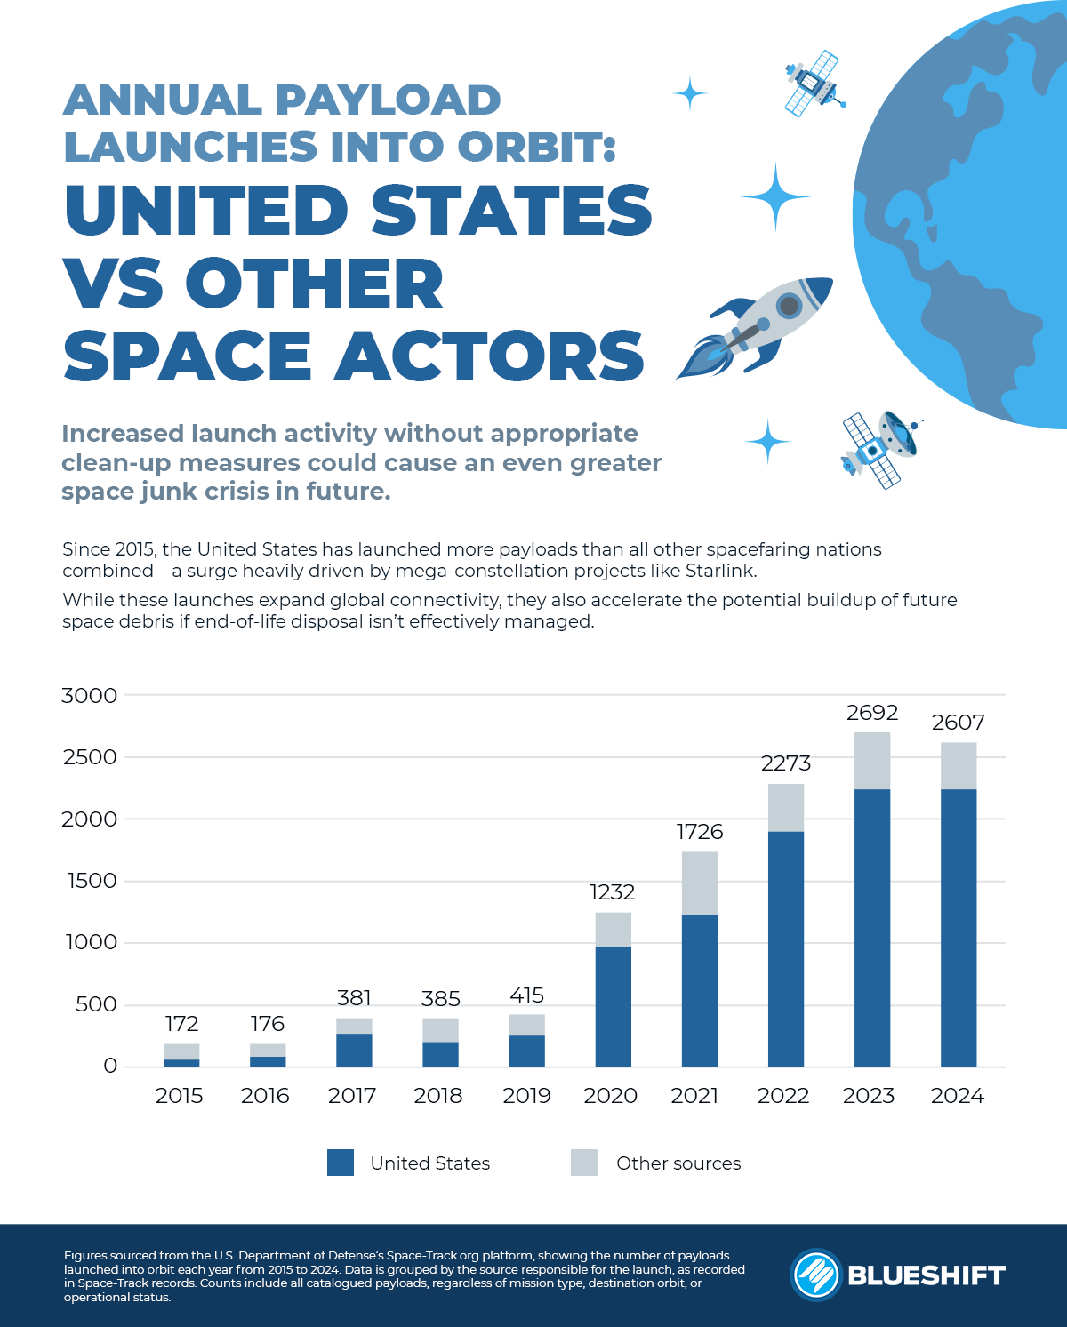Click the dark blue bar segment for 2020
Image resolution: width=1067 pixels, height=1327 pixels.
click(x=613, y=1006)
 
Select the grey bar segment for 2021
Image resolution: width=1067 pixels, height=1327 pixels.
click(x=699, y=883)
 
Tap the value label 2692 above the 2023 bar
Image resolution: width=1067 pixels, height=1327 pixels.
click(x=871, y=713)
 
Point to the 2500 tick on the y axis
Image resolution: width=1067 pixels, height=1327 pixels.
click(x=89, y=757)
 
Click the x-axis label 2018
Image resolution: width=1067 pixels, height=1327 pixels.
click(x=438, y=1096)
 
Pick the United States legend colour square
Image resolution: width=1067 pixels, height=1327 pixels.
click(x=341, y=1163)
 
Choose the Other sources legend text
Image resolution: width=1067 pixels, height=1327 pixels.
click(x=678, y=1163)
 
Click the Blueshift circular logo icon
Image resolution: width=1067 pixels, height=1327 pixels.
click(x=815, y=1275)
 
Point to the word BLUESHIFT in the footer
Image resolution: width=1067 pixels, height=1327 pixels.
click(x=926, y=1275)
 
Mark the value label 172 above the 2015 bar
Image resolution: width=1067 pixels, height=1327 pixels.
click(x=181, y=1024)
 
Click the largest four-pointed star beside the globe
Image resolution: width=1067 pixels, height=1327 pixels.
click(x=775, y=196)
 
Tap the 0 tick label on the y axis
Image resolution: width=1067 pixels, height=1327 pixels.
click(x=110, y=1066)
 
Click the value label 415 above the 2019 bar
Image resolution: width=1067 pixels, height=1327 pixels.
click(x=526, y=995)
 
